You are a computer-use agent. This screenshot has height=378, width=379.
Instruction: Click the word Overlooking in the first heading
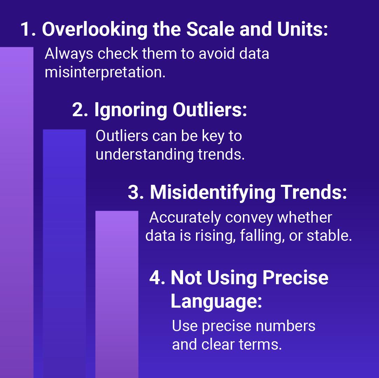(95, 29)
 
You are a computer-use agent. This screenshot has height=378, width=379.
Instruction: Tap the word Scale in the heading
(210, 29)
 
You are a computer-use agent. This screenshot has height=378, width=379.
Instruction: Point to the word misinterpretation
(105, 72)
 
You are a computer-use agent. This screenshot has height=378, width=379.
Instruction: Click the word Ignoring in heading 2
(130, 110)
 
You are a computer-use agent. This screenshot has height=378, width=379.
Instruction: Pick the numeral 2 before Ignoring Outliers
(80, 110)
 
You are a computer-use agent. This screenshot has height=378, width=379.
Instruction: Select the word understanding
(144, 155)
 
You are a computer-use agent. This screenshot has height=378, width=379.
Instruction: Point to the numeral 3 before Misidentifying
(136, 192)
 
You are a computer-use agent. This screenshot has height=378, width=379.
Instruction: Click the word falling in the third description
(262, 236)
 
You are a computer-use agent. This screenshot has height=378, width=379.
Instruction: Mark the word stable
(330, 236)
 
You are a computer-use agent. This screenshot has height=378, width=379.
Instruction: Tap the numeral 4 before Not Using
(157, 278)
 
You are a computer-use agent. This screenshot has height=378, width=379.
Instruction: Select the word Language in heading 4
(216, 302)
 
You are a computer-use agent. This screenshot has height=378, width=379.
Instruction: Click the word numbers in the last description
(285, 326)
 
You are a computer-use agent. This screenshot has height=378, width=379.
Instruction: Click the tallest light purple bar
(17, 212)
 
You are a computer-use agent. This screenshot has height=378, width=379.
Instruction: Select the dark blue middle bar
(64, 253)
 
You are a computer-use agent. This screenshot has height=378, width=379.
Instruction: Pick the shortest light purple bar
(117, 294)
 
